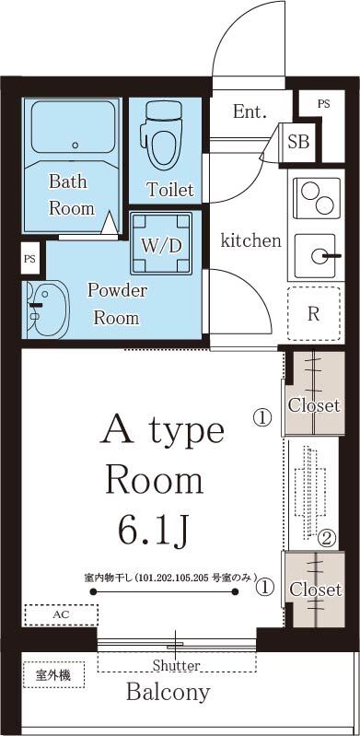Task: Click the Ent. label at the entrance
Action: (x=250, y=112)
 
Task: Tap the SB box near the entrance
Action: (x=298, y=141)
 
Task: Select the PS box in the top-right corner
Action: (x=323, y=104)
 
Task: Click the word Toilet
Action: (x=170, y=190)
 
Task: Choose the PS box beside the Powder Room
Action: (x=30, y=259)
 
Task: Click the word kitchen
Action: (x=250, y=240)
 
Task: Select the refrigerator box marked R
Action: (x=314, y=312)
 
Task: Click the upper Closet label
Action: (x=314, y=404)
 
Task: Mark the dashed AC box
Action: (x=61, y=614)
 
